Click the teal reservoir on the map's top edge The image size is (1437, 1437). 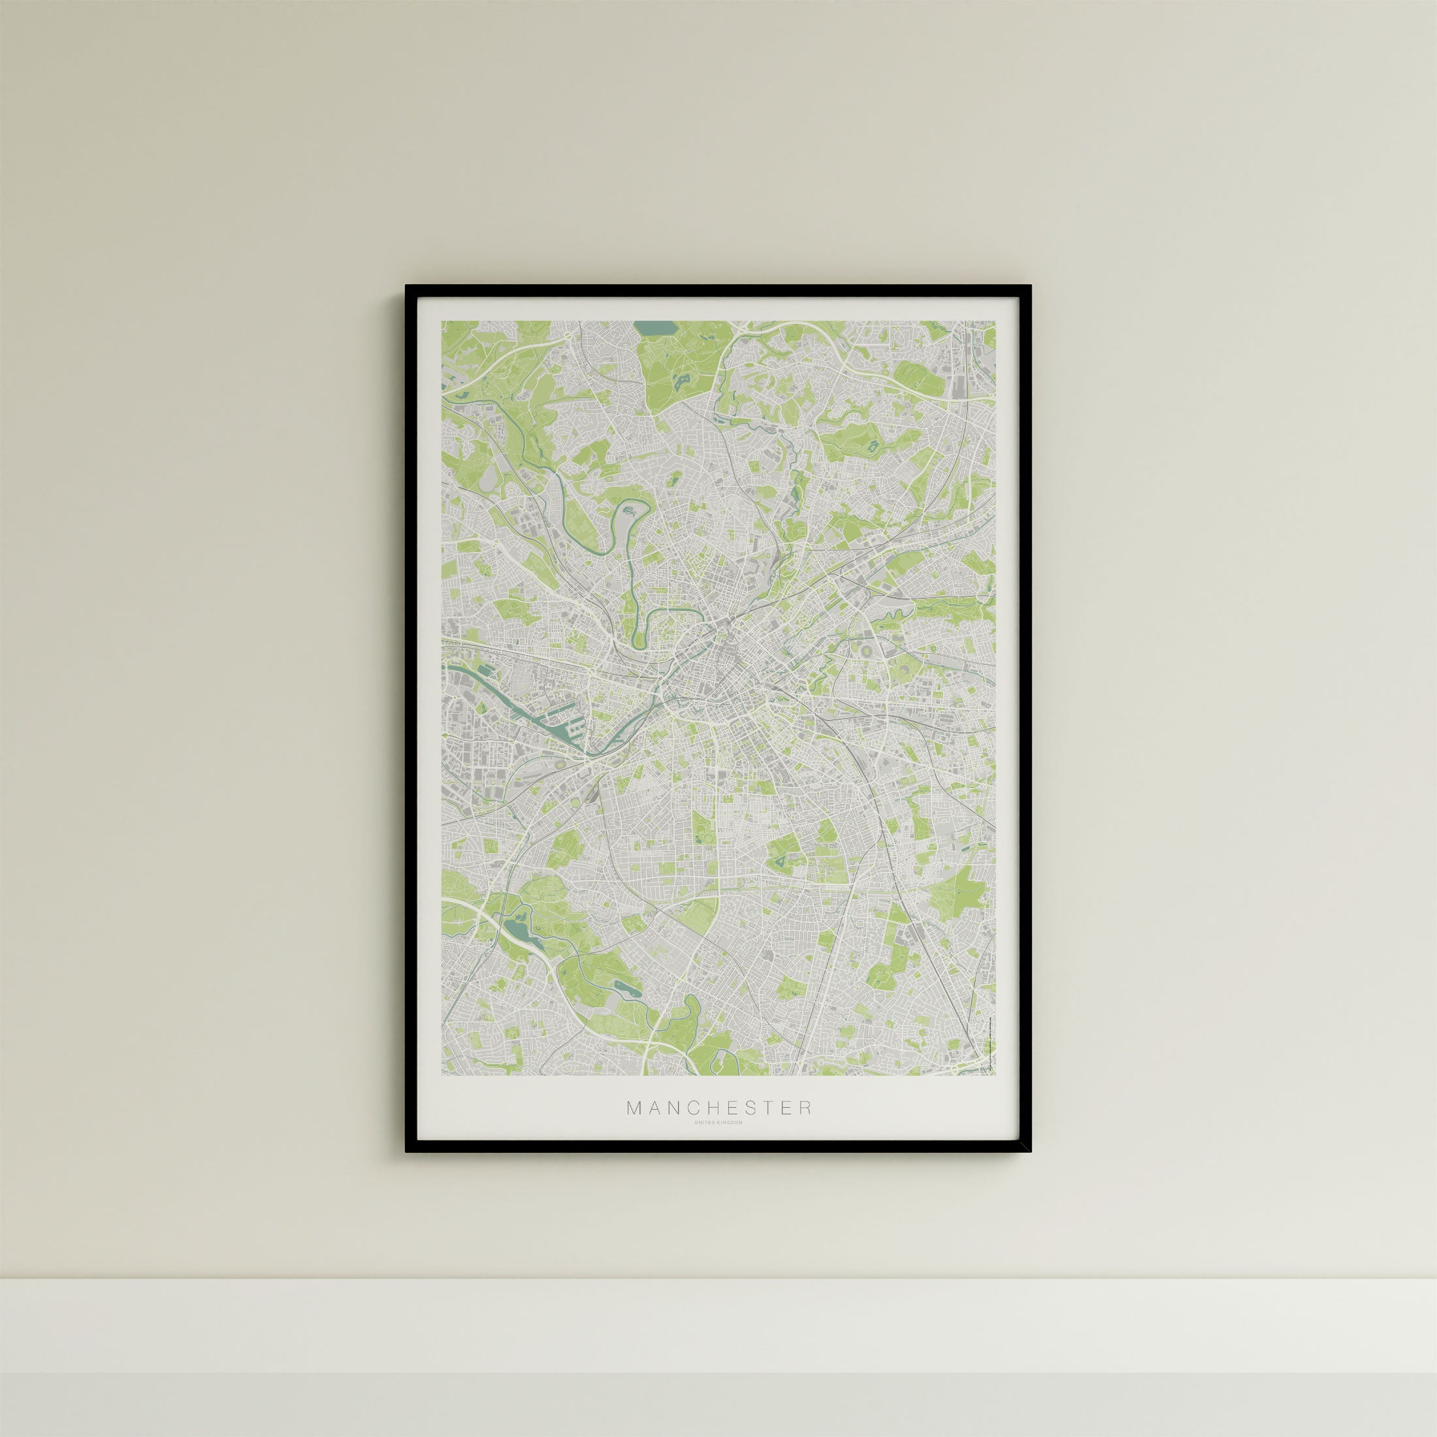[x=654, y=328]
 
